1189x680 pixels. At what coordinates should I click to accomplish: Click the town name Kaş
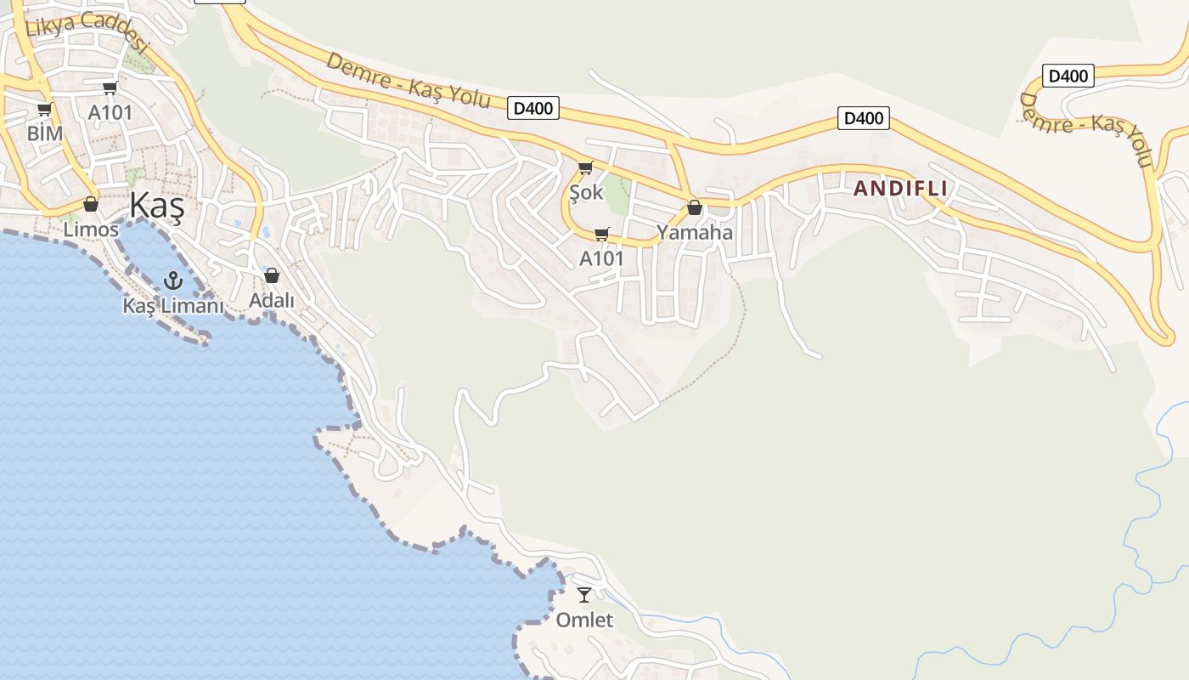pos(156,207)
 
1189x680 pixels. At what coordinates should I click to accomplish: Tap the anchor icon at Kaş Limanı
pos(173,280)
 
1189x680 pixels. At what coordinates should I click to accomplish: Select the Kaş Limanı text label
pos(173,306)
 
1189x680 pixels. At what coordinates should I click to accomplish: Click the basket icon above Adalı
pos(272,275)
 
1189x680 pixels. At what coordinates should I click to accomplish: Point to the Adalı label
pos(272,300)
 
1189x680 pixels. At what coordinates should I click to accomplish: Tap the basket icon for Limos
pos(91,204)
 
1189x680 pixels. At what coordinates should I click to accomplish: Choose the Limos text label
pos(91,229)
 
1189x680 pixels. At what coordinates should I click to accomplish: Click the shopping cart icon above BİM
pos(44,109)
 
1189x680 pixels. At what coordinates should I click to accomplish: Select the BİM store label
pos(45,133)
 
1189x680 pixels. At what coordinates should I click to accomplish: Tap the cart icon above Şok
pos(585,167)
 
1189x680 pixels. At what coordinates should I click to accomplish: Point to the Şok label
pos(586,192)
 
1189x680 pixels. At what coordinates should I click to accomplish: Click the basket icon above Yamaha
pos(695,207)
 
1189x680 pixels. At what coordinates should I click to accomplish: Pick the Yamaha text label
pos(695,232)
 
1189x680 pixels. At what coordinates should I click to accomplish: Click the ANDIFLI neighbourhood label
pos(900,189)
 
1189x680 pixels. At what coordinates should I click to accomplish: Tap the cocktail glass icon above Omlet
pos(584,595)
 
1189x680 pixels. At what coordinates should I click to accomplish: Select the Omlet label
pos(584,620)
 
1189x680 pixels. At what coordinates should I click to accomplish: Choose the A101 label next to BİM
pos(110,112)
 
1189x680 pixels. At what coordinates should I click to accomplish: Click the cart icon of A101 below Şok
pos(602,234)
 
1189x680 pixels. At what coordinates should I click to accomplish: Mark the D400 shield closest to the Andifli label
pos(864,118)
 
